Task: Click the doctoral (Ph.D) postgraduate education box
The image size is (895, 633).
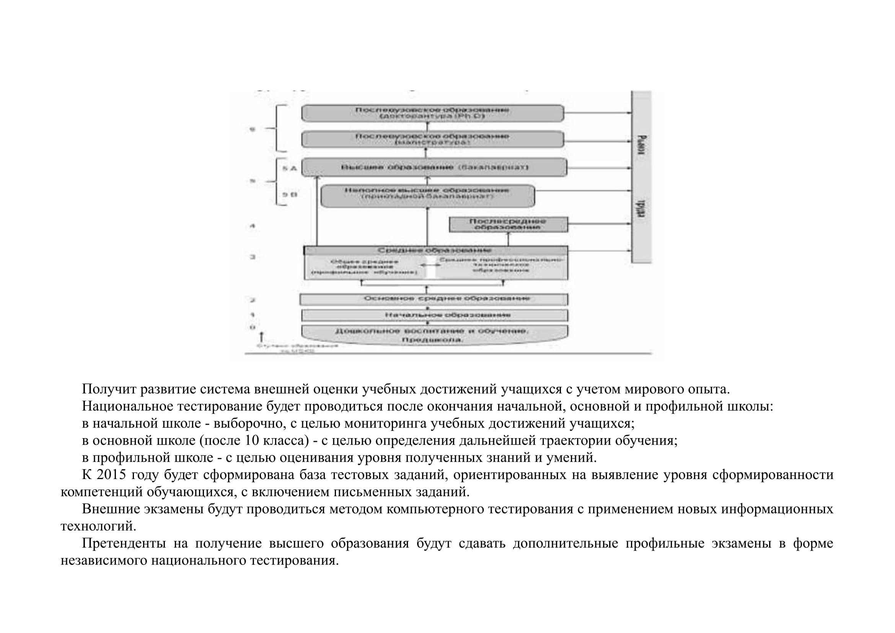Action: pos(432,113)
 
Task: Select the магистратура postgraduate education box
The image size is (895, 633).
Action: pos(432,139)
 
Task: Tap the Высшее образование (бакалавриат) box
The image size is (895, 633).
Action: pos(434,167)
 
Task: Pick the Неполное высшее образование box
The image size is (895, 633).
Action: pos(427,196)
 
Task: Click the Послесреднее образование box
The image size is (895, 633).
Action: pos(508,225)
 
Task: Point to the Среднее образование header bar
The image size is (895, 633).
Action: pos(435,250)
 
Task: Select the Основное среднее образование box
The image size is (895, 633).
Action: pos(434,299)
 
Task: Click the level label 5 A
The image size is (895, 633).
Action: pos(289,168)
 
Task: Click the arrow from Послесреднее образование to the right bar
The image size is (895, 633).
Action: pos(600,224)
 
